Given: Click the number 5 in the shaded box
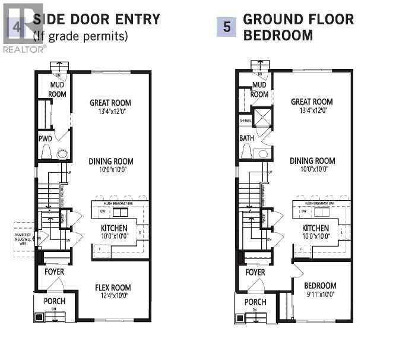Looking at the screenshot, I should click(226, 27).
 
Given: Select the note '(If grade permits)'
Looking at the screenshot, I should click(80, 36).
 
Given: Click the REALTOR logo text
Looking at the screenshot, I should click(24, 49).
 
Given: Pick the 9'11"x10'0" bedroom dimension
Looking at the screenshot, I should click(319, 293).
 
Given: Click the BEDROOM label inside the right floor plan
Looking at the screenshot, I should click(319, 285).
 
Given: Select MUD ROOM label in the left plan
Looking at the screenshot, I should click(57, 90).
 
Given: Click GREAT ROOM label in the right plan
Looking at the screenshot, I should click(312, 102).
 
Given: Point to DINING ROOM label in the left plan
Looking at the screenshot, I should click(111, 161).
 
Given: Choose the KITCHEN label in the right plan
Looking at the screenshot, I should click(315, 228).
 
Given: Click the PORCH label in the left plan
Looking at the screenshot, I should click(54, 301).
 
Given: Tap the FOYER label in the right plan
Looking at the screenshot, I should click(255, 272).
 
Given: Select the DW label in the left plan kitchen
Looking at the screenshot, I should click(103, 210).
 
